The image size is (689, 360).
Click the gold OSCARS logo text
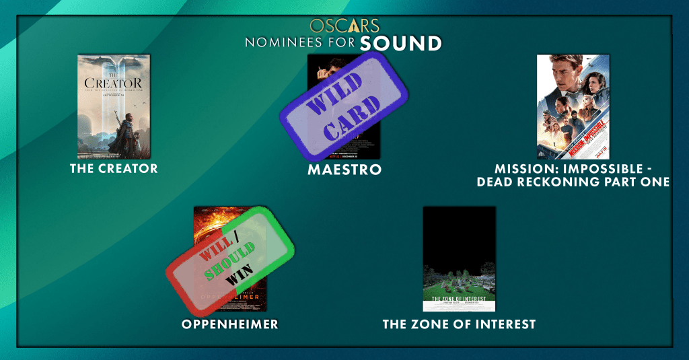pos(344,26)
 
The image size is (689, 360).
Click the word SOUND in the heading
pos(400,44)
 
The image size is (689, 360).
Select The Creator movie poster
pos(114,106)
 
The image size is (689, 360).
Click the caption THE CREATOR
pos(114,168)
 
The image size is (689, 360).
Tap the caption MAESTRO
pos(344,170)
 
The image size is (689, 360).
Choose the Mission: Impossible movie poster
pos(573,106)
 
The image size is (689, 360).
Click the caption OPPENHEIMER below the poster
pos(229,324)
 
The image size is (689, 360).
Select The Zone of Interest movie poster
pos(459,258)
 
